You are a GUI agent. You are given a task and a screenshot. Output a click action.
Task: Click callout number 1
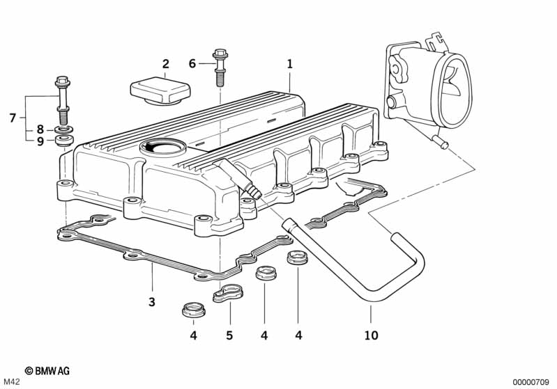(x=289, y=63)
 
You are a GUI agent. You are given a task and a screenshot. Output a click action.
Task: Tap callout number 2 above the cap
(x=165, y=65)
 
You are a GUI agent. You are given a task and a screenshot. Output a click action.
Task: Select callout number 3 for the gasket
(x=152, y=302)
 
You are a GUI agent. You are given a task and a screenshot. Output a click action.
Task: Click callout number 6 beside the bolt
(x=192, y=64)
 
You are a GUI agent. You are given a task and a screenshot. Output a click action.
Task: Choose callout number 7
(x=13, y=118)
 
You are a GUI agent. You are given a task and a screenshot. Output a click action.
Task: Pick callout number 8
(x=40, y=129)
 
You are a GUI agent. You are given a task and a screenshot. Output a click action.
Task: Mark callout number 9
(x=40, y=141)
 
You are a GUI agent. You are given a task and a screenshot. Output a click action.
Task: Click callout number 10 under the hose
(x=371, y=335)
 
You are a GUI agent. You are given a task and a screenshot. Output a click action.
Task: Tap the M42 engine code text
(x=13, y=382)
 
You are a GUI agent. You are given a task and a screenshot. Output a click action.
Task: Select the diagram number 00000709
(x=532, y=382)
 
